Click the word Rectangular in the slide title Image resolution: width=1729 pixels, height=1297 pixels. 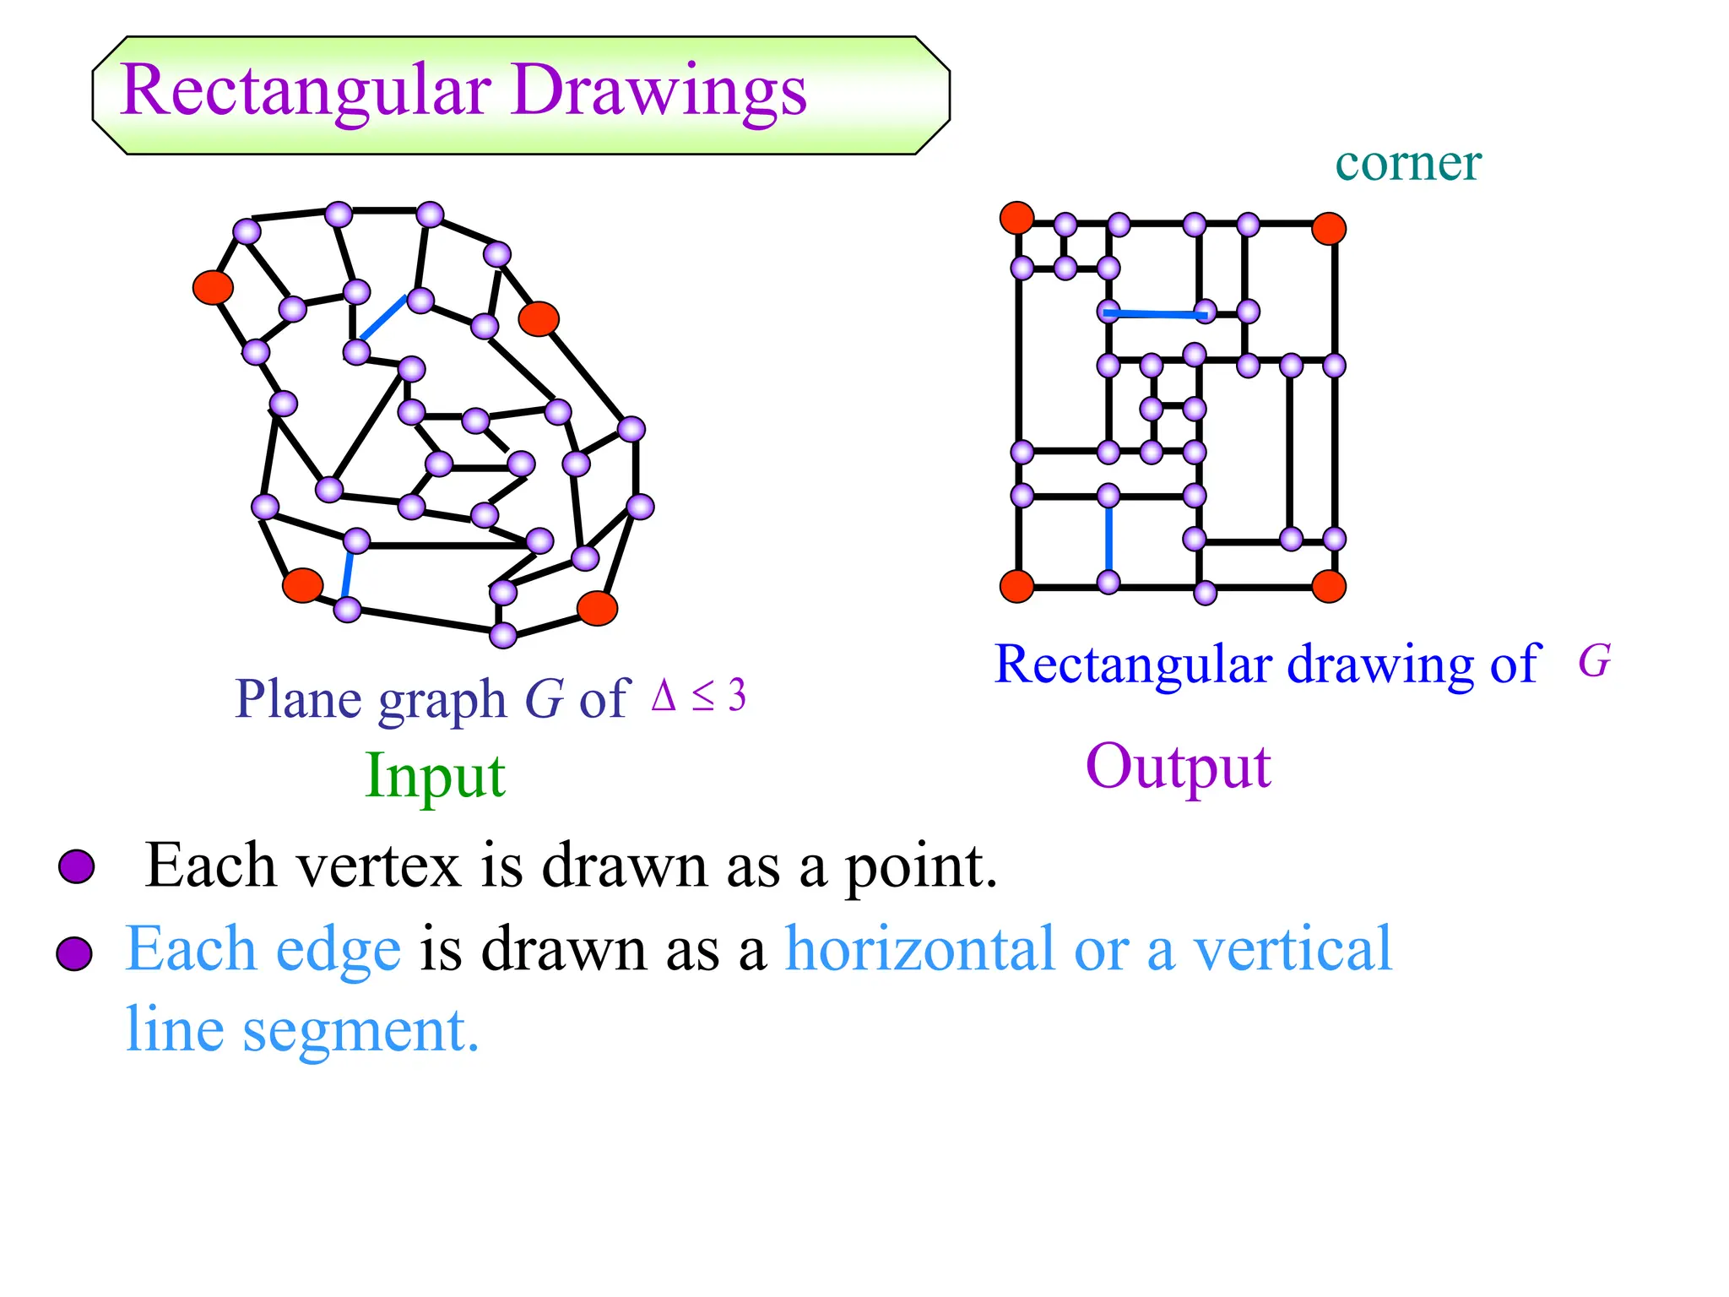[x=306, y=91]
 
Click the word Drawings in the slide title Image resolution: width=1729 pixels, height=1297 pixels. [x=659, y=91]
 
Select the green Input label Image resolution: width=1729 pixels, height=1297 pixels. [x=435, y=775]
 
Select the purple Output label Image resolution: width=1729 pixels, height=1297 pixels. [x=1178, y=766]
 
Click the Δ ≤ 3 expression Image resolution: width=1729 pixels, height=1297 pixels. [x=699, y=696]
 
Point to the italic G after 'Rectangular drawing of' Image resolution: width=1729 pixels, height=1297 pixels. [x=1594, y=660]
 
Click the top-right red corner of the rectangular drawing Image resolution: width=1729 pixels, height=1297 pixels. [x=1328, y=228]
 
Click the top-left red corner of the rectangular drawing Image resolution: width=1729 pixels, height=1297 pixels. [x=1016, y=218]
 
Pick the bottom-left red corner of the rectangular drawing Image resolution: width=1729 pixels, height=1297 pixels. [x=1016, y=585]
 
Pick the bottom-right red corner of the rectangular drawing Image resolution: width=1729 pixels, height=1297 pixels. [x=1328, y=586]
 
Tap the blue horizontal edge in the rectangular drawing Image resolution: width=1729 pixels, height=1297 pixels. [x=1155, y=314]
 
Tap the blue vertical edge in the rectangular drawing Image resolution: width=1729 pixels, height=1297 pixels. [x=1108, y=539]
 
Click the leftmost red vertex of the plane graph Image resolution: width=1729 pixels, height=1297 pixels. [x=213, y=287]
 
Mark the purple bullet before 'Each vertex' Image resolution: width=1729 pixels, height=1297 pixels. [x=76, y=866]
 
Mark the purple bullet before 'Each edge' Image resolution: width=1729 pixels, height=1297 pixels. [x=74, y=953]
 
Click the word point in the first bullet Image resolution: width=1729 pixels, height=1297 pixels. [x=920, y=866]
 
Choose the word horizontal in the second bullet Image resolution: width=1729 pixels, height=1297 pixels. [x=920, y=949]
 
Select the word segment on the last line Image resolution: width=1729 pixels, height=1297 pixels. [x=360, y=1030]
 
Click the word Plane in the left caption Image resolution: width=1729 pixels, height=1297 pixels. [x=299, y=699]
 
